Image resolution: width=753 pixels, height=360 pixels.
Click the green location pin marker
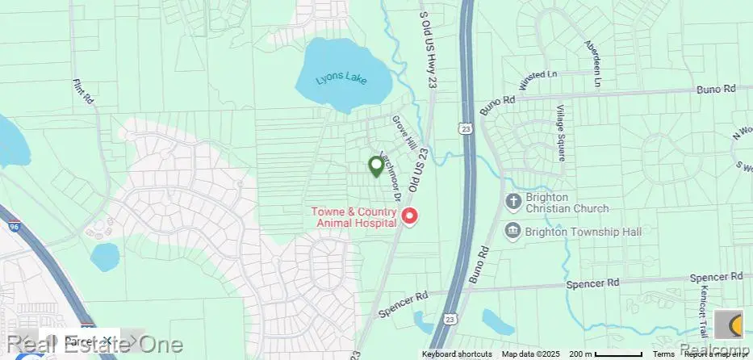coord(375,166)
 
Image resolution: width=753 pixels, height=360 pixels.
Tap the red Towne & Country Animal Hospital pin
coord(410,216)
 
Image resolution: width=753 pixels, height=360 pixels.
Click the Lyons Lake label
coord(341,80)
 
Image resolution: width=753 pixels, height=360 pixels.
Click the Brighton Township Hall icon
coord(512,232)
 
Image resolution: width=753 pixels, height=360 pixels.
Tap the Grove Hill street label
coord(404,132)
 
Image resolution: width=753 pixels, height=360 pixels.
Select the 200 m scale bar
coord(605,354)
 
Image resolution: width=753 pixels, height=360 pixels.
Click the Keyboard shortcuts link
coord(457,354)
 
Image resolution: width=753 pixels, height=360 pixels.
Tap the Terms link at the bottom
coord(664,354)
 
